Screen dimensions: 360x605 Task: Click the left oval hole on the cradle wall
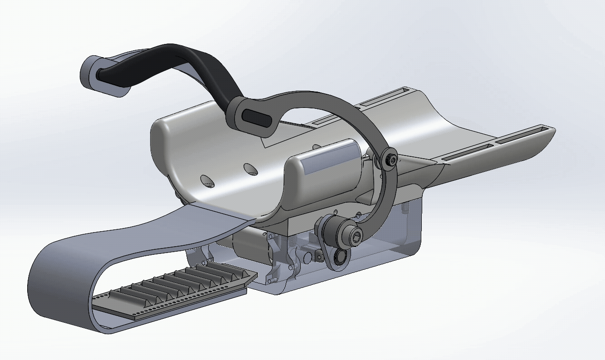(207, 180)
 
